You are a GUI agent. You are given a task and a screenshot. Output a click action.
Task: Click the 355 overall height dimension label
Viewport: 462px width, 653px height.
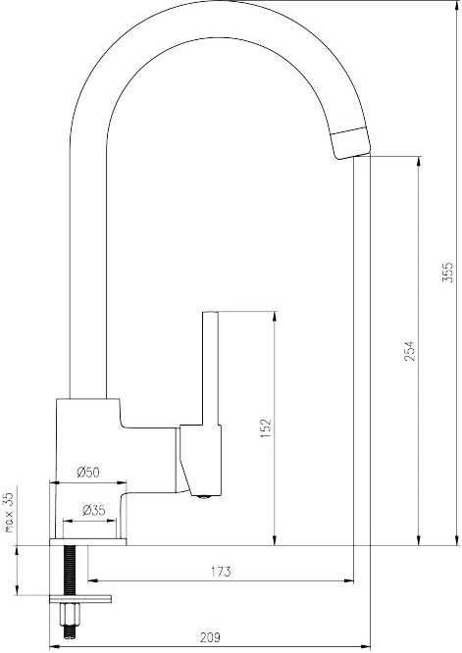(x=447, y=273)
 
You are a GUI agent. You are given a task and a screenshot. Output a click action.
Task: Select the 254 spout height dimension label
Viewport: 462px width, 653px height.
(x=410, y=351)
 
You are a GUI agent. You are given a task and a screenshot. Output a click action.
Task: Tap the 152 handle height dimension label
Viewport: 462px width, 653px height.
(x=266, y=427)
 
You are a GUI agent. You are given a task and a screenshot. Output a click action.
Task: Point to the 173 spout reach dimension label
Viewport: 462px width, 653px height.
(x=221, y=572)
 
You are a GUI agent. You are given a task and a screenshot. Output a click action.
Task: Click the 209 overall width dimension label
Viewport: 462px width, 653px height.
(x=210, y=637)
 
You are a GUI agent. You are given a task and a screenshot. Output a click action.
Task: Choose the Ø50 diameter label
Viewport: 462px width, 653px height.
(x=88, y=473)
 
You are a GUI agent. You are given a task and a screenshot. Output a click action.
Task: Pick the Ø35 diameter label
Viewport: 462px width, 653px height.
(x=94, y=510)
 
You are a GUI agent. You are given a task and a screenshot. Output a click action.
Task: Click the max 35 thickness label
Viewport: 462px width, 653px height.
(x=9, y=512)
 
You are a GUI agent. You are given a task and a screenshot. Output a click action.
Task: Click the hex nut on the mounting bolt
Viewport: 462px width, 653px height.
(x=70, y=614)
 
